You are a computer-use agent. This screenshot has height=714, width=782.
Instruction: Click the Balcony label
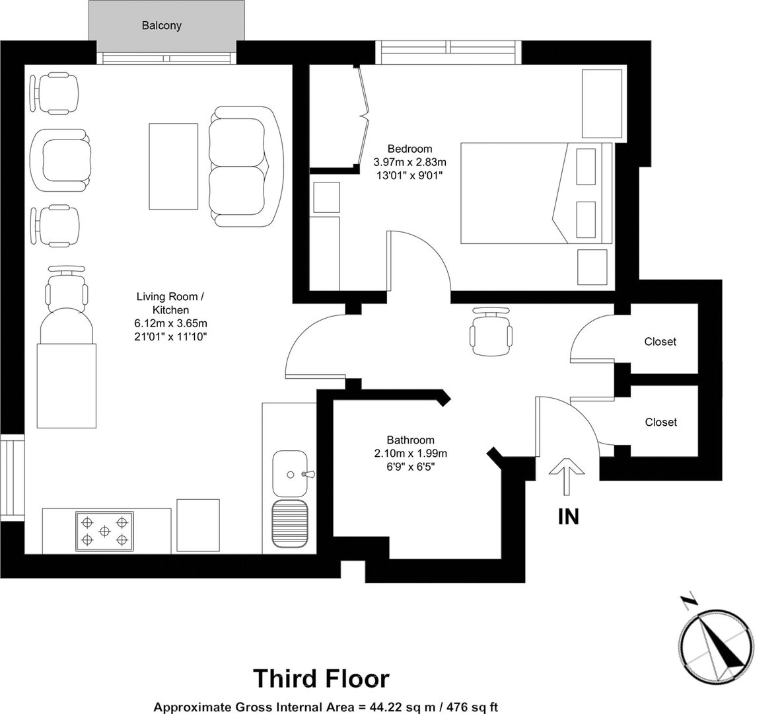click(162, 26)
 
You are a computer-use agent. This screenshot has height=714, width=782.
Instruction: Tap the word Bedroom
click(410, 149)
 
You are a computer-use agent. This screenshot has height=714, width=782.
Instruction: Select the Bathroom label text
click(410, 440)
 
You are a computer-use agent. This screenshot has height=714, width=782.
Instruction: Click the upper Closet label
click(660, 342)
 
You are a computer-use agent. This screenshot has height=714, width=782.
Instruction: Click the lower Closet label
click(661, 422)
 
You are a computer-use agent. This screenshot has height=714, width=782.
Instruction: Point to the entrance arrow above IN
click(567, 477)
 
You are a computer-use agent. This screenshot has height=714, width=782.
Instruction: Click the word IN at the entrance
click(569, 517)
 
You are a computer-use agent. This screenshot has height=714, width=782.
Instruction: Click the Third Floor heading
click(321, 678)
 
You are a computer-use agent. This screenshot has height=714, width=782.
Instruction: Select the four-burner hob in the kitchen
click(104, 532)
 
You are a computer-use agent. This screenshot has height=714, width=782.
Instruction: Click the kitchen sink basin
click(290, 474)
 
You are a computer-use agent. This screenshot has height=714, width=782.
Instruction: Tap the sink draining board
click(290, 524)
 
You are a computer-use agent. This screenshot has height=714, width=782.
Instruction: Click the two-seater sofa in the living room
click(246, 167)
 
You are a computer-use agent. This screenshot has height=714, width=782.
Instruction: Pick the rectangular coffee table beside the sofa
click(174, 167)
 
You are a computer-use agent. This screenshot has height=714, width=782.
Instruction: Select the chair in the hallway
click(491, 331)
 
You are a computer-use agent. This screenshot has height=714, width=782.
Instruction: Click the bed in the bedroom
click(536, 193)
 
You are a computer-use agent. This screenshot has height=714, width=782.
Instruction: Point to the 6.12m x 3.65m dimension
click(170, 323)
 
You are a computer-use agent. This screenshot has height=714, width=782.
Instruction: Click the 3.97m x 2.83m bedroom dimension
click(410, 162)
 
